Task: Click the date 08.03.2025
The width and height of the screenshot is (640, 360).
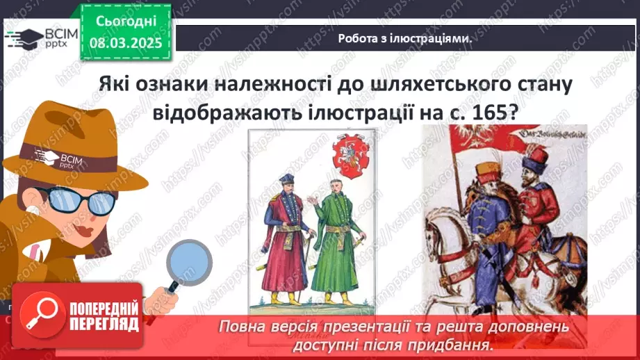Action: click(x=126, y=43)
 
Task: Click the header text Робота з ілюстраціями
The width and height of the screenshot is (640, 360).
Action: click(x=405, y=39)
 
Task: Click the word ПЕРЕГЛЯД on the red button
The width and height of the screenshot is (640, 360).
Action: click(x=104, y=323)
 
